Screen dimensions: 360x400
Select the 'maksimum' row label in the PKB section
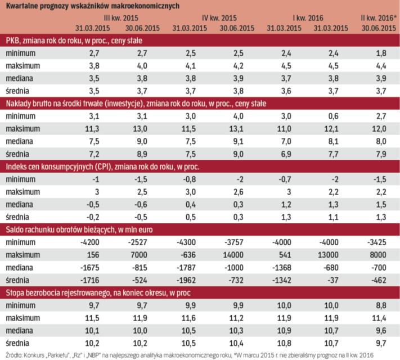pyautogui.click(x=23, y=66)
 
